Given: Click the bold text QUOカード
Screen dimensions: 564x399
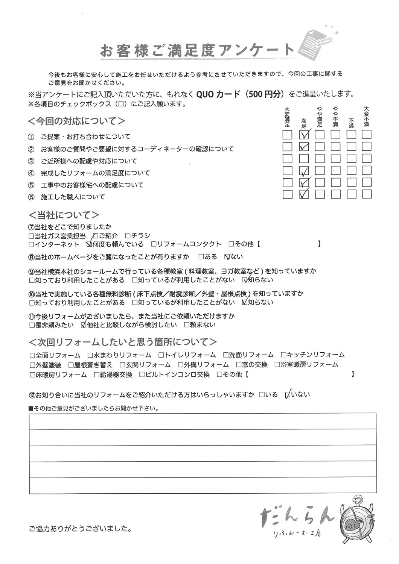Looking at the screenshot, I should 218,94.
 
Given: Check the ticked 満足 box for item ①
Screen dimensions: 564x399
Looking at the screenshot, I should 304,135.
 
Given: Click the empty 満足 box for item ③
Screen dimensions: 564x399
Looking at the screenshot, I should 304,159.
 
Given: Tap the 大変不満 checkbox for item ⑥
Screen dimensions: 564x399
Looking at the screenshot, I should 367,194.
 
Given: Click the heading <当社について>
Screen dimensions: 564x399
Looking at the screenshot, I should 64,215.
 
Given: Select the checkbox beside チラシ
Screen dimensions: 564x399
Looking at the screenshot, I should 128,236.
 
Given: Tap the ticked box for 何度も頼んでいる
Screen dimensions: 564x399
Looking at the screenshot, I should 89,244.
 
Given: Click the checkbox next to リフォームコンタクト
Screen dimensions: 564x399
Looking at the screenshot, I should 154,244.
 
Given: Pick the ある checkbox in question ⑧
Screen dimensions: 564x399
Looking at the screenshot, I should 201,257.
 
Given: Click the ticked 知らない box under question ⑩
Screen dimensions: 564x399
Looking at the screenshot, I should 245,302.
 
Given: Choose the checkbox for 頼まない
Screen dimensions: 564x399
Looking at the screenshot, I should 186,325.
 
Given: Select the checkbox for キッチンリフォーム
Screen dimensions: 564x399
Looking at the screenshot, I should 283,355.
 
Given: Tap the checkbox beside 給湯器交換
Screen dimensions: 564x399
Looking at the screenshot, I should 97,375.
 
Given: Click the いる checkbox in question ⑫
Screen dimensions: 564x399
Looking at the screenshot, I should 262,395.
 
